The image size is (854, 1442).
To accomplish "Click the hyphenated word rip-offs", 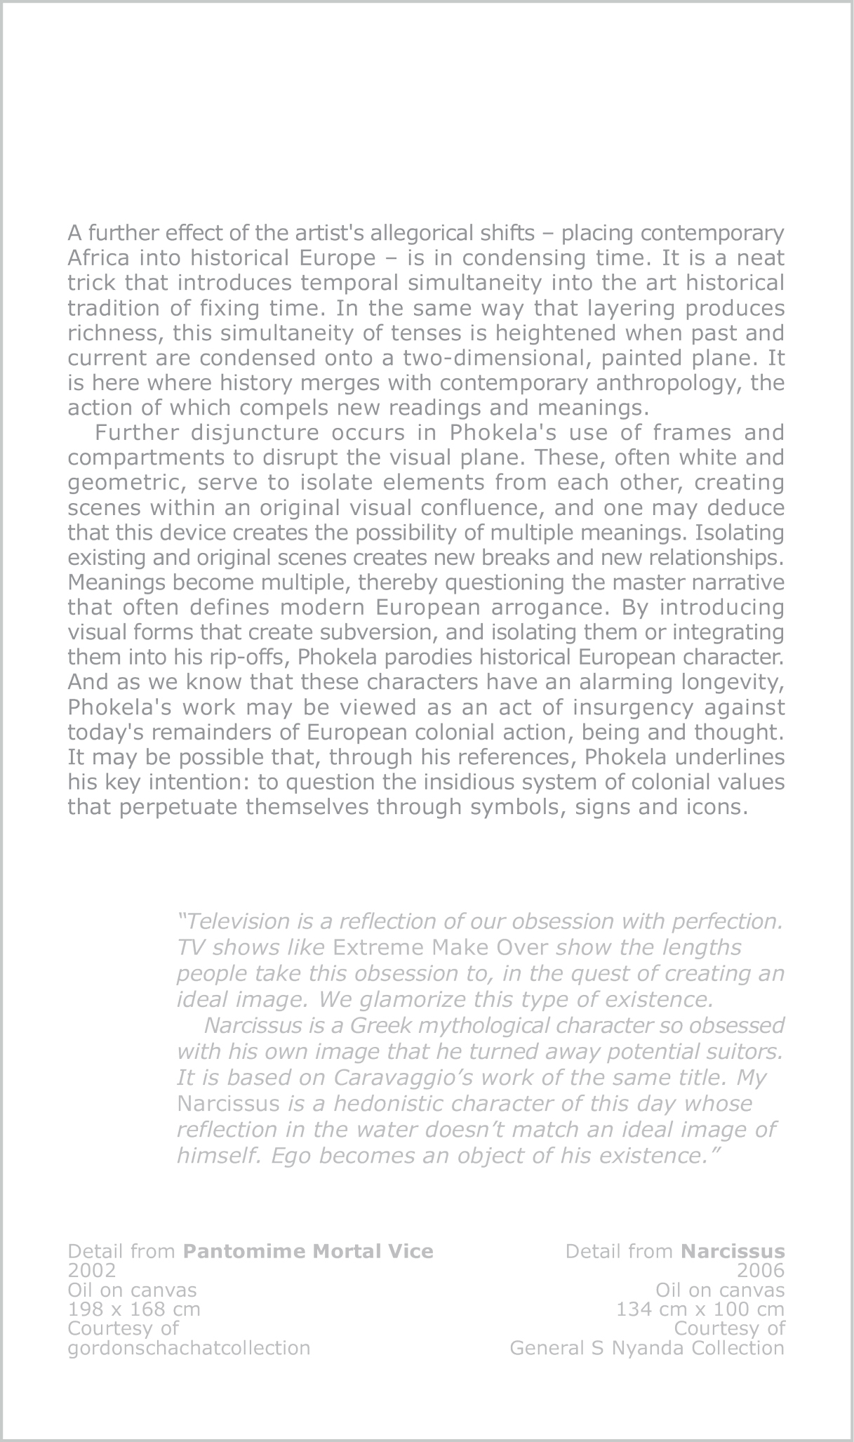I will click(250, 657).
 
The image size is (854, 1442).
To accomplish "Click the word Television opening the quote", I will click(235, 921).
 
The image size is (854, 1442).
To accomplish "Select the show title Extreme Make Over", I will click(440, 947).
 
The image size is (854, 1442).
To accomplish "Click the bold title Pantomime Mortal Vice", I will click(308, 1251).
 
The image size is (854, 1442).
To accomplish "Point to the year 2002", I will click(91, 1271).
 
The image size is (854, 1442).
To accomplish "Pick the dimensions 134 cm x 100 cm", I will click(700, 1309).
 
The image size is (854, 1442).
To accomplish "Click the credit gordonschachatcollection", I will click(189, 1348).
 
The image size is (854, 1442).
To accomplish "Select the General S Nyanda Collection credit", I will click(647, 1348).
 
